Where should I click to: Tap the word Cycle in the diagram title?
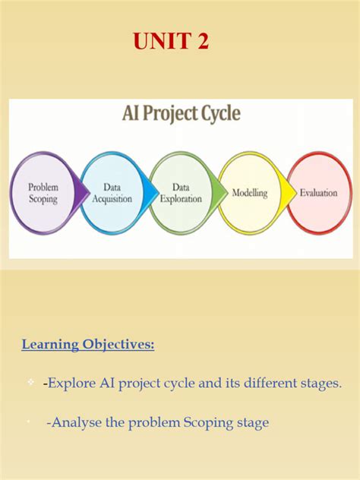click(x=218, y=115)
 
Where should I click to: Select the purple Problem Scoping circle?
click(x=44, y=192)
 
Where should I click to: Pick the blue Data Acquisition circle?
click(x=112, y=192)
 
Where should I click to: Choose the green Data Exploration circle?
click(x=181, y=192)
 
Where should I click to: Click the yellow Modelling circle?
click(x=250, y=192)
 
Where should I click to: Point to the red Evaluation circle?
click(x=318, y=192)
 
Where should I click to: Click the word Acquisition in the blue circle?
click(x=112, y=199)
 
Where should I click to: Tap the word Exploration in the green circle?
click(x=181, y=199)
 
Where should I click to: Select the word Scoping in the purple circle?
click(x=44, y=199)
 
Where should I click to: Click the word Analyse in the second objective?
click(x=75, y=423)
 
